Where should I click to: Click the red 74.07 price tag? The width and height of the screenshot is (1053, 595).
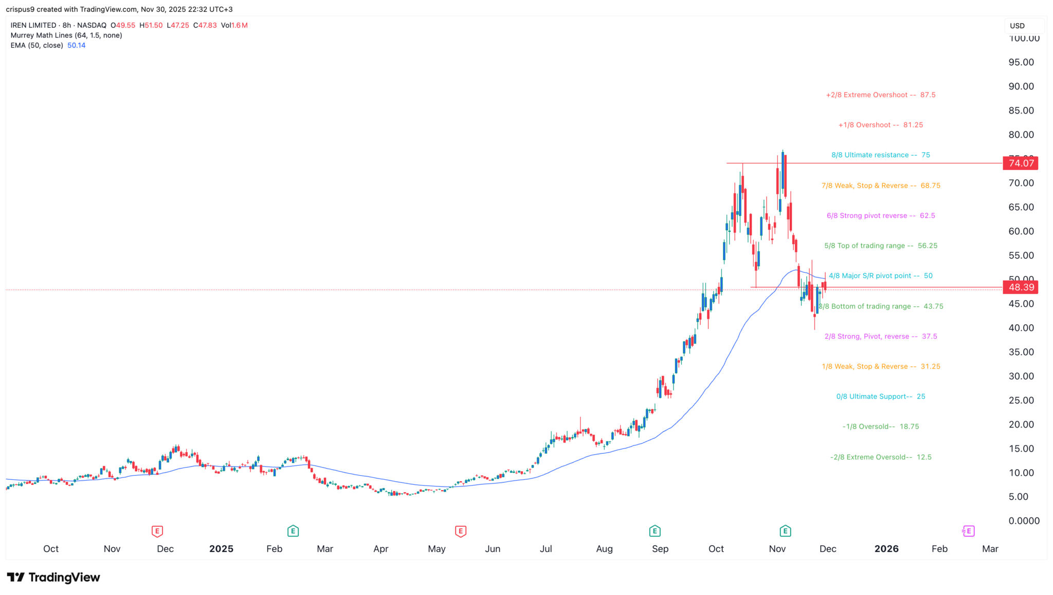coord(1021,163)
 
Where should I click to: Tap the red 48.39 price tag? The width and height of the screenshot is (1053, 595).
coord(1021,287)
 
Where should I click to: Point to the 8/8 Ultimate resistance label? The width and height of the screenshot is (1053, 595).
coord(880,155)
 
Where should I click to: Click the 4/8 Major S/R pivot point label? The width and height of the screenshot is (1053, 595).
coord(880,276)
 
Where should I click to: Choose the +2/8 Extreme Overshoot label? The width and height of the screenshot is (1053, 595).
coord(880,95)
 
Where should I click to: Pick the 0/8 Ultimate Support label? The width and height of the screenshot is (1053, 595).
coord(880,397)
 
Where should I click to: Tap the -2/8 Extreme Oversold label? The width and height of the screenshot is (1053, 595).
coord(880,457)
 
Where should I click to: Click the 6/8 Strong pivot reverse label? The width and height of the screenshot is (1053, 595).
coord(880,216)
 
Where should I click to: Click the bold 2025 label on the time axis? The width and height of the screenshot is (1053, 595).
coord(221,549)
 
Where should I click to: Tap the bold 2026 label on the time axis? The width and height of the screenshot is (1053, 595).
coord(886,549)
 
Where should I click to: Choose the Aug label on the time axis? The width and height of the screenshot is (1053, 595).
coord(604,549)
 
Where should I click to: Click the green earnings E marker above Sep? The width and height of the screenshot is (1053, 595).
coord(655,531)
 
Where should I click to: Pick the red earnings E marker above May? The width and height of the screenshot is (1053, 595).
coord(461,531)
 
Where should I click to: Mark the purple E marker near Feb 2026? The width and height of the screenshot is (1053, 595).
coord(969,531)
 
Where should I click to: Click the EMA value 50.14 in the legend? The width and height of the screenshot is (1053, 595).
coord(76,45)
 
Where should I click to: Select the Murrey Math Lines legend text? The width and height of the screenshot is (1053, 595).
coord(66,35)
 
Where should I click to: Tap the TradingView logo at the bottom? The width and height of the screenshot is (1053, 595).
coord(53,578)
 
